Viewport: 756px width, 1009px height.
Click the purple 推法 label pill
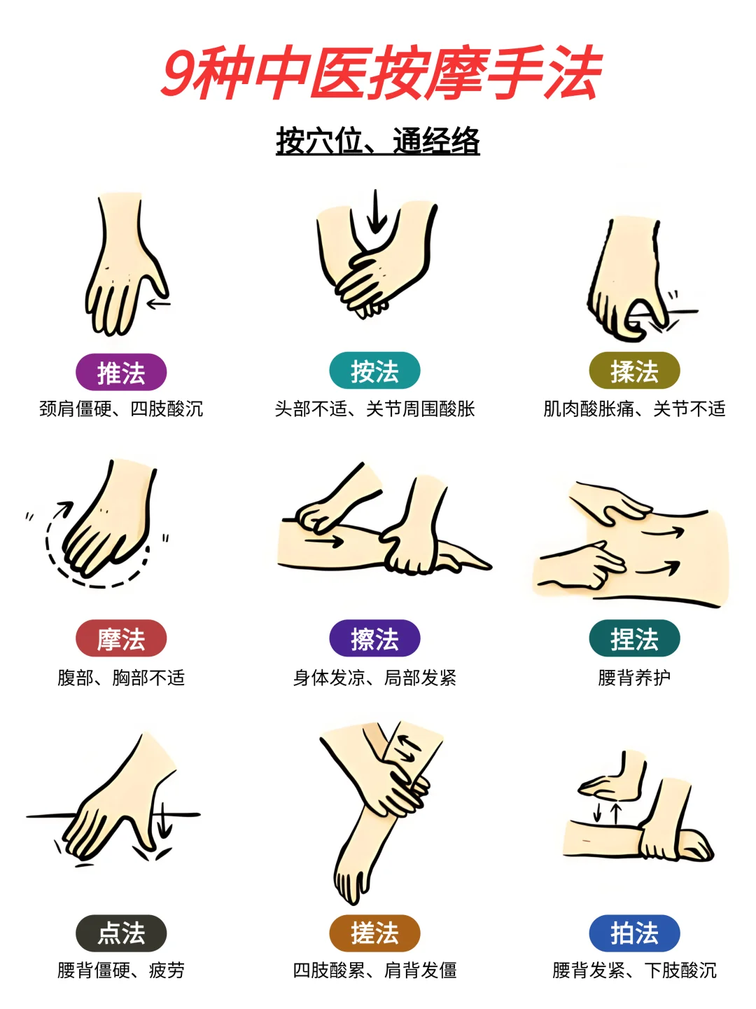[120, 372]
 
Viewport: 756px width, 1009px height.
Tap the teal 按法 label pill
[374, 371]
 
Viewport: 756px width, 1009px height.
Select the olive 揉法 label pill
[634, 371]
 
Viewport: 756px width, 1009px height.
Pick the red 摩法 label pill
[120, 638]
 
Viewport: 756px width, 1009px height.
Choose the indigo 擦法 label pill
[374, 638]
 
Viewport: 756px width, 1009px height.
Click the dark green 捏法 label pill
[634, 638]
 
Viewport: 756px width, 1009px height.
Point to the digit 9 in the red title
[179, 73]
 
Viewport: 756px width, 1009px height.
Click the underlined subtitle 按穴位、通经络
[378, 141]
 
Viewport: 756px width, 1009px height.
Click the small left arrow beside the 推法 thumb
[158, 303]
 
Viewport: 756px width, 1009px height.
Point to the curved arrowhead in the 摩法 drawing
[65, 508]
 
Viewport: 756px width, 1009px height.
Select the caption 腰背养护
[634, 678]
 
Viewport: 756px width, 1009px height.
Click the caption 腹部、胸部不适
[120, 678]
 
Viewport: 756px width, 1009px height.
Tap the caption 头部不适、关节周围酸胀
[374, 409]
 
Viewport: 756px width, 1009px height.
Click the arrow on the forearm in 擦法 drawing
[324, 540]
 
